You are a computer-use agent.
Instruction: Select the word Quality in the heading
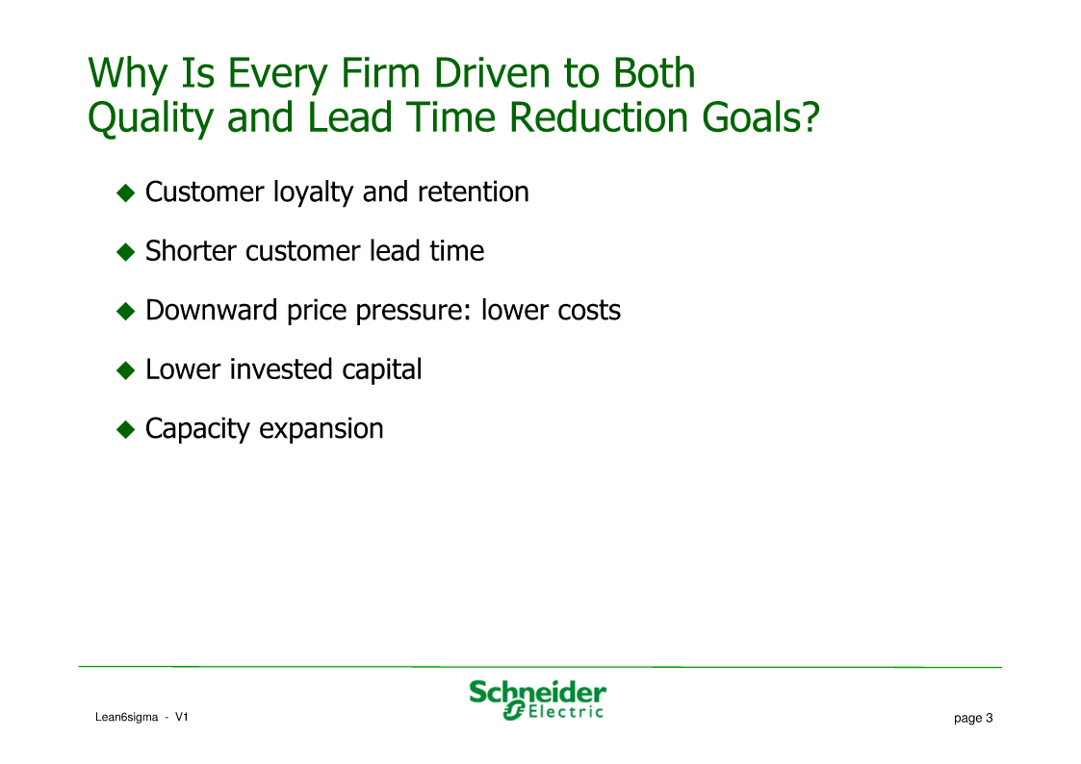pos(151,117)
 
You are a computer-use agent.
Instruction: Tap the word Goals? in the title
pos(760,116)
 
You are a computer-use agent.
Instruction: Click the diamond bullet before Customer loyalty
pos(125,192)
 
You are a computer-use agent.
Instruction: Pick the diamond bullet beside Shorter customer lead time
pos(125,252)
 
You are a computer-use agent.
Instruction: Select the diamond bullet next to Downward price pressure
pos(125,312)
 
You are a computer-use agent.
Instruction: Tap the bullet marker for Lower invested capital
pos(125,370)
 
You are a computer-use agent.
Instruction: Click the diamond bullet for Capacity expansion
pos(125,430)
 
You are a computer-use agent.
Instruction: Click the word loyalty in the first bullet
pos(314,192)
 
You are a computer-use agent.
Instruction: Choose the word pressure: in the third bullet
pos(413,312)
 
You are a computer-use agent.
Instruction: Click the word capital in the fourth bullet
pos(381,370)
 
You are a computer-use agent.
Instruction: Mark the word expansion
pos(322,430)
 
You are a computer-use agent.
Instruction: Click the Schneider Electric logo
pos(537,700)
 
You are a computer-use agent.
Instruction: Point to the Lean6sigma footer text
pos(127,717)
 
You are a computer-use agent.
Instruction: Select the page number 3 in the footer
pos(990,718)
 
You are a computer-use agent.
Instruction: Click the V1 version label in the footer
pos(181,717)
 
